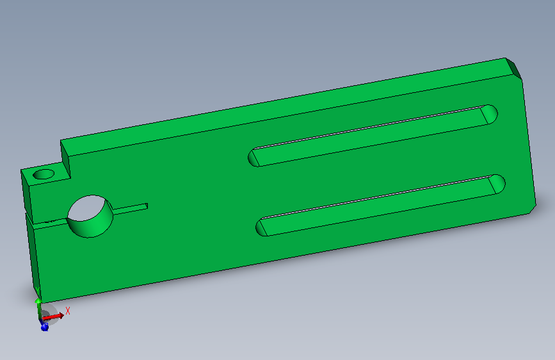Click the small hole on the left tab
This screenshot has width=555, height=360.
pos(44,174)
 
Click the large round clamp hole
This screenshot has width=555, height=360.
pos(90,216)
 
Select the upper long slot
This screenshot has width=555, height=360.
pos(373,136)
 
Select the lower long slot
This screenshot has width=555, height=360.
pos(380,206)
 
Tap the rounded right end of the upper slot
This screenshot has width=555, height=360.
pos(490,114)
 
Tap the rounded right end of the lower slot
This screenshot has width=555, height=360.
pos(497,184)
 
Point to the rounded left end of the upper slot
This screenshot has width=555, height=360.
pos(253,158)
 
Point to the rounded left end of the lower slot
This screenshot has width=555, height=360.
pos(261,227)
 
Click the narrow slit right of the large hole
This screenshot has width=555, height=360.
pos(130,209)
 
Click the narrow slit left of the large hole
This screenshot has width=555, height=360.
pos(49,223)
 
